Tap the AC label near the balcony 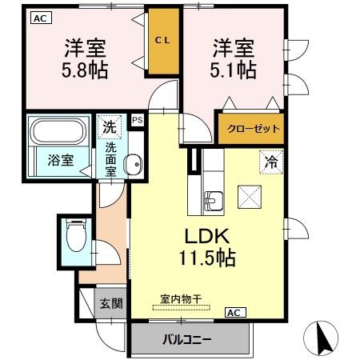(236, 311)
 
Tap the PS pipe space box (138, 121)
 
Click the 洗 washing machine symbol (108, 126)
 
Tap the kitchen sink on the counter (214, 198)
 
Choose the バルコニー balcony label (189, 338)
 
